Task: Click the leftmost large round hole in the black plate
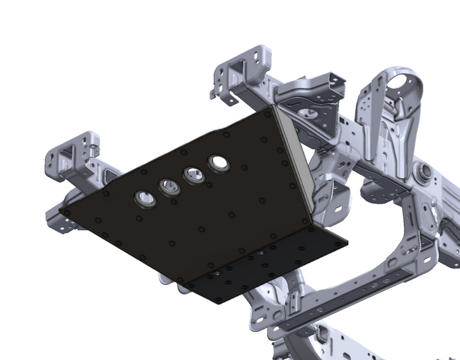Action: (x=146, y=199)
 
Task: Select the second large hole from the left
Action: (x=170, y=187)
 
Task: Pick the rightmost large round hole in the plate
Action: (x=218, y=163)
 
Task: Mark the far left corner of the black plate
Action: (x=61, y=211)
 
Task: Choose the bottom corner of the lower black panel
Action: (x=220, y=303)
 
